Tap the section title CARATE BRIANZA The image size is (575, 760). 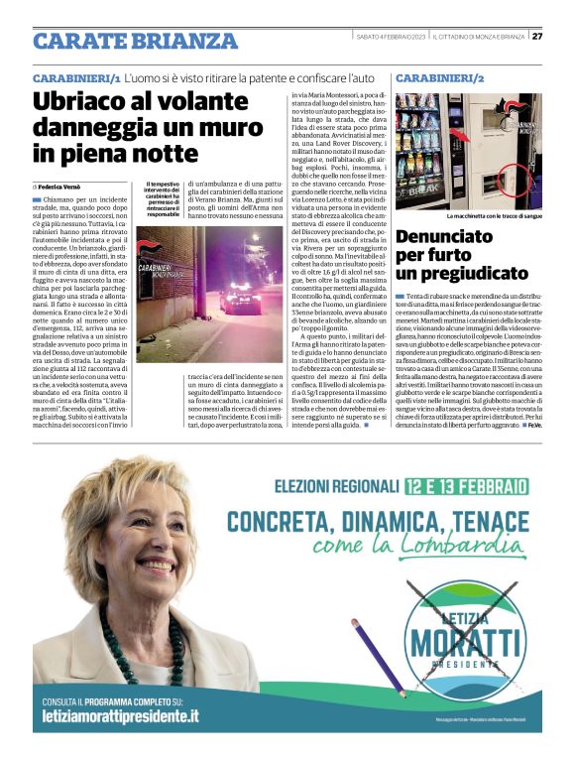[x=135, y=41]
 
